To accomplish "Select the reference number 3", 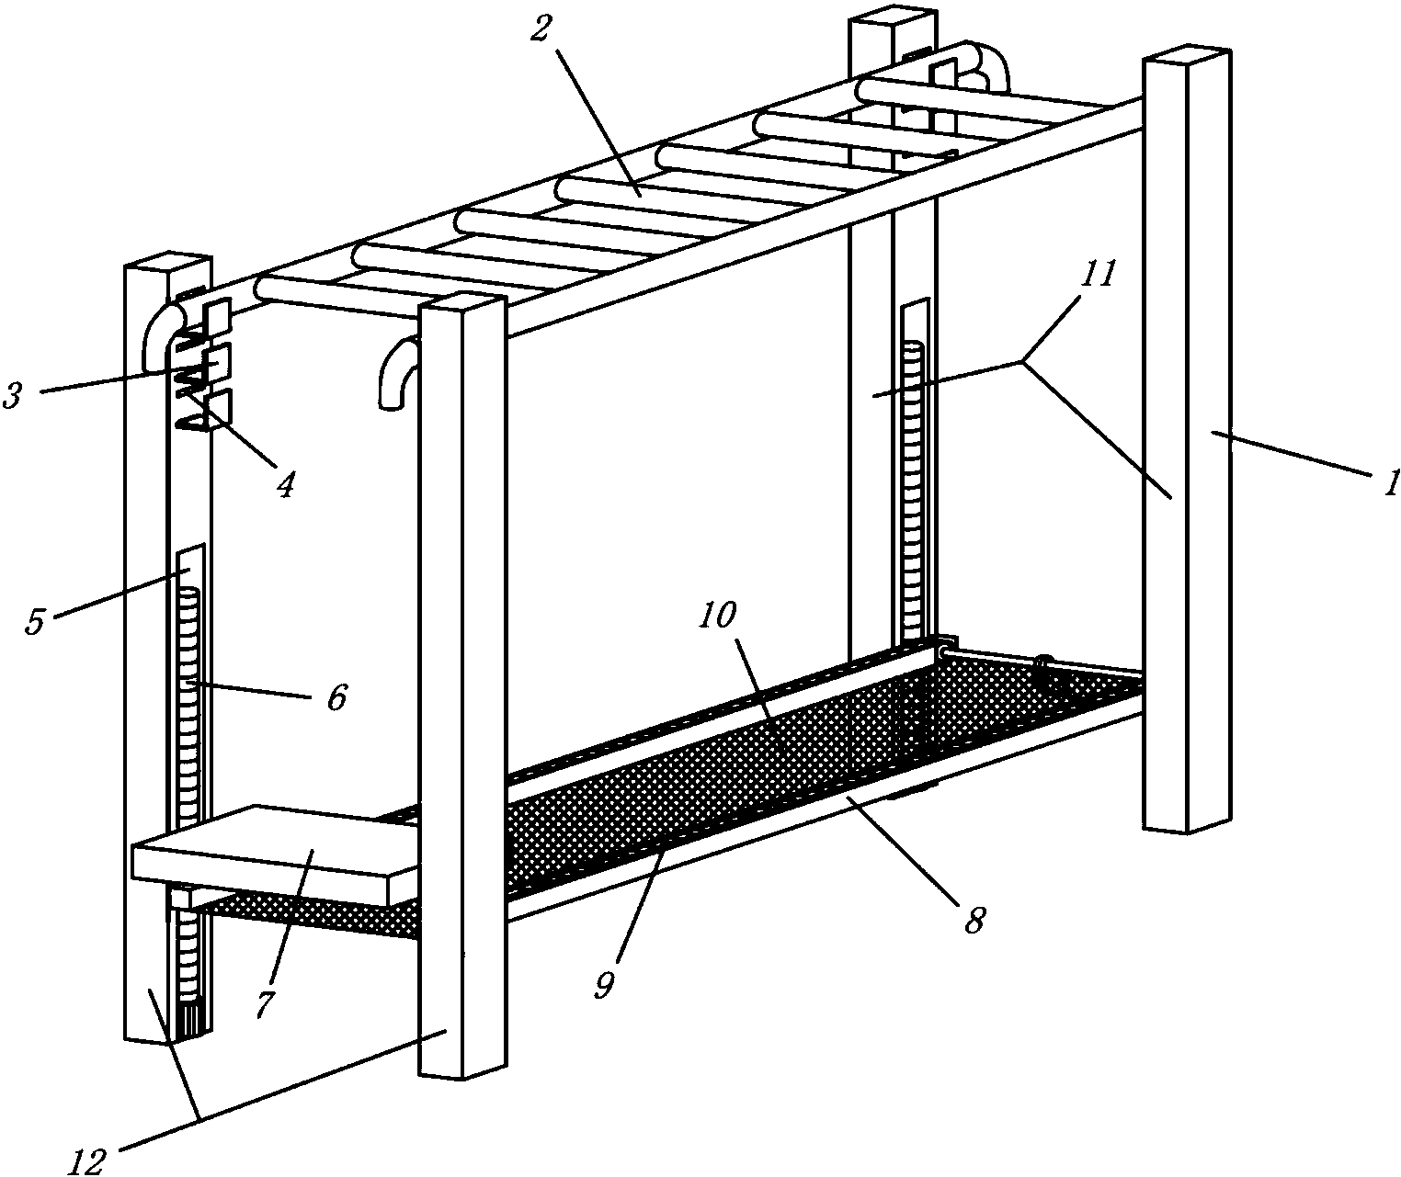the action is coord(14,396).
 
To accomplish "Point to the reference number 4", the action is coord(286,483).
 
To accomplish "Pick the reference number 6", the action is coord(336,697).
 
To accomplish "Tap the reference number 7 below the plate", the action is coord(265,1003).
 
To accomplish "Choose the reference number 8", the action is coord(974,920).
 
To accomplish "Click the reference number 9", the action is coord(605,985).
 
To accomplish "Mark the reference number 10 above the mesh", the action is coord(718,615).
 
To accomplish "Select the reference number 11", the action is coord(1098,274).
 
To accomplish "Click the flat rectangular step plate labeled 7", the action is coord(275,853).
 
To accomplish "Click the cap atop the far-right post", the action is coord(1188,56).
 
